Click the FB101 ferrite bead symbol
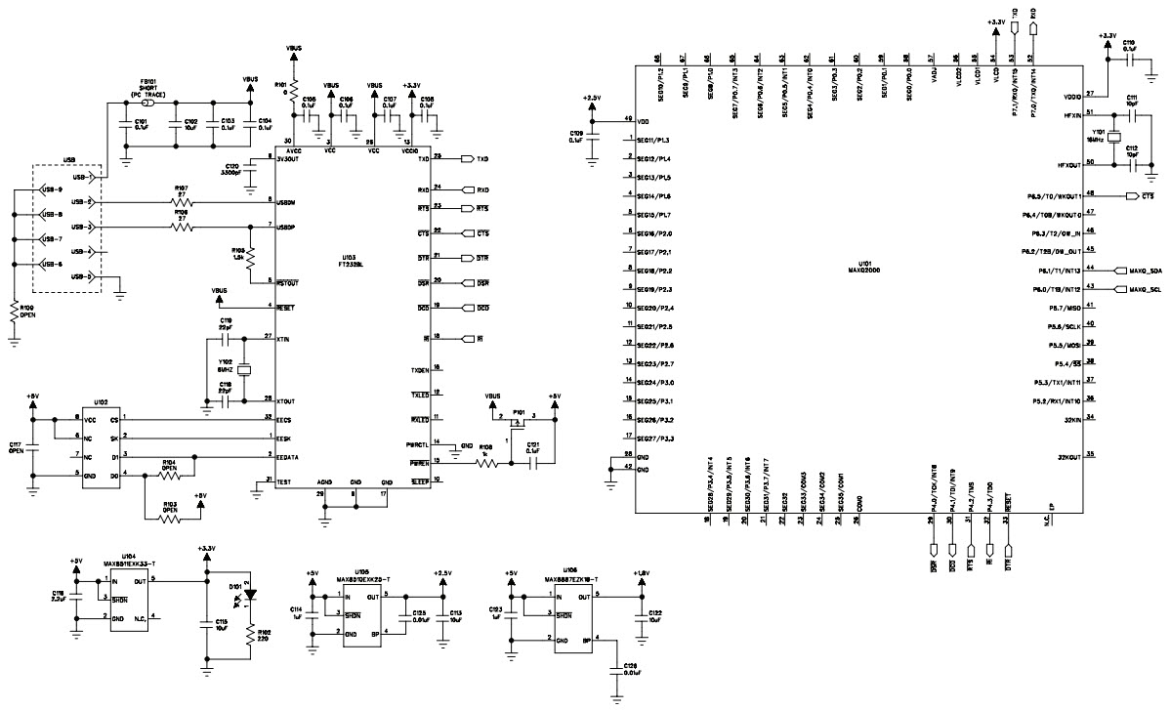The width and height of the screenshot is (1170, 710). [x=147, y=102]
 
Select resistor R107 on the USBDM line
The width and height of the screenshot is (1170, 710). [x=182, y=202]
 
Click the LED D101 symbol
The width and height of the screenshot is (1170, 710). [x=250, y=592]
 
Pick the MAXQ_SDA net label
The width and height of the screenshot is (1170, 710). [x=1144, y=271]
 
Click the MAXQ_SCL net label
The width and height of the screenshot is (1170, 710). [x=1144, y=290]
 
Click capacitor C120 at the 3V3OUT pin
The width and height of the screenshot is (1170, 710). [x=250, y=176]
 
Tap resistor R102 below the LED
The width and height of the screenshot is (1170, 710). [x=250, y=640]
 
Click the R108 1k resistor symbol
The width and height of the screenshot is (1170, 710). [x=485, y=466]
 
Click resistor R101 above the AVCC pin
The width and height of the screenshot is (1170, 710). [x=293, y=88]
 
